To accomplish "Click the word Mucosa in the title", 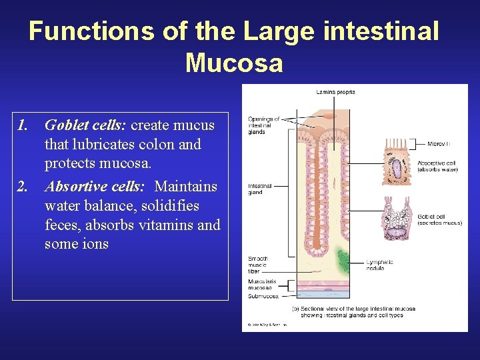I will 234,63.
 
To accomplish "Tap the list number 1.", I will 24,125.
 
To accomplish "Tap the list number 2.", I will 24,185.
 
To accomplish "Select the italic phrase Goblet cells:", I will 86,125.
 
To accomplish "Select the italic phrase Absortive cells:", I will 94,185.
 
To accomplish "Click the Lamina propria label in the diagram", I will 335,92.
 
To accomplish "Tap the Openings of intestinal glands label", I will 263,125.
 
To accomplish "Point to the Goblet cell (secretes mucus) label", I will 439,219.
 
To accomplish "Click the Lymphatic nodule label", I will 379,265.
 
